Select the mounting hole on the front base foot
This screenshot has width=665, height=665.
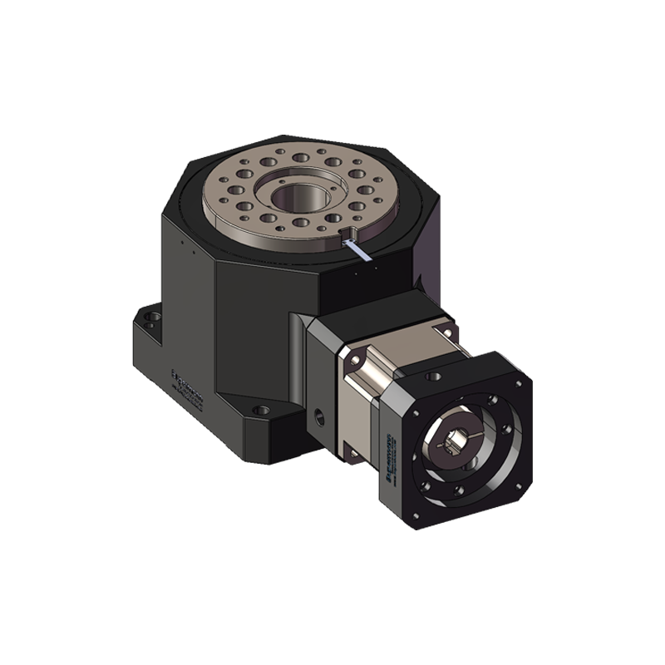click(261, 410)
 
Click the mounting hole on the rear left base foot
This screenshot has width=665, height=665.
click(150, 316)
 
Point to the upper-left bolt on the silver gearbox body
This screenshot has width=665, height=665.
click(356, 359)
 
